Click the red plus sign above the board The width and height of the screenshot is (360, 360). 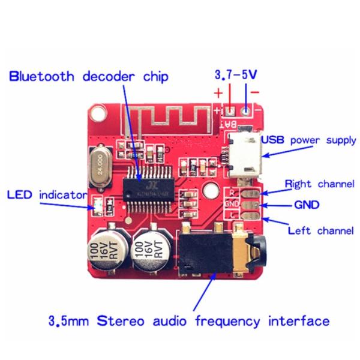(x=218, y=94)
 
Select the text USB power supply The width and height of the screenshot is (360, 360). (x=308, y=140)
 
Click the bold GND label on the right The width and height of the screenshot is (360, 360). (x=306, y=205)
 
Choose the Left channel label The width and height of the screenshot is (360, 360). (x=320, y=230)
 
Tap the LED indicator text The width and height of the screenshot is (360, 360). (x=47, y=195)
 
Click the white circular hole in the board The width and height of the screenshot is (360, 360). (x=209, y=191)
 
